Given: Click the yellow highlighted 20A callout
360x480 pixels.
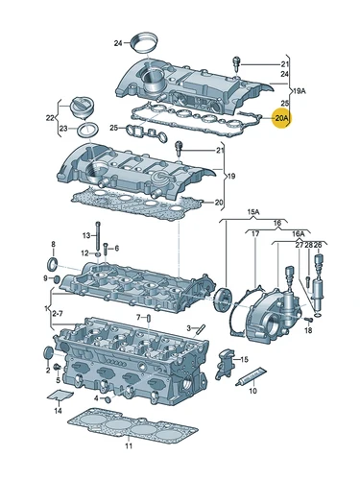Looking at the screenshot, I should pos(281,119).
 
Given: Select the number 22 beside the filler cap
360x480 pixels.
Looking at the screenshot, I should pos(51,118).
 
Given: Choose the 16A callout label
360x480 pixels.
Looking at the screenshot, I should pos(299,233).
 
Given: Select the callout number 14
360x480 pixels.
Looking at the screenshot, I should pos(58,411).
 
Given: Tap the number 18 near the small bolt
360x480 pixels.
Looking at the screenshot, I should pos(308,330).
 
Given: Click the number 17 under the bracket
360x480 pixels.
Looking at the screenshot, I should pos(254,233).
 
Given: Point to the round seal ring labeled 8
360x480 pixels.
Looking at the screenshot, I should pos(53,264).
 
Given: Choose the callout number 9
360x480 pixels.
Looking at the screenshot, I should pos(44,278).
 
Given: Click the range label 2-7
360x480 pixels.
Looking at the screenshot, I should pos(59,314).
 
